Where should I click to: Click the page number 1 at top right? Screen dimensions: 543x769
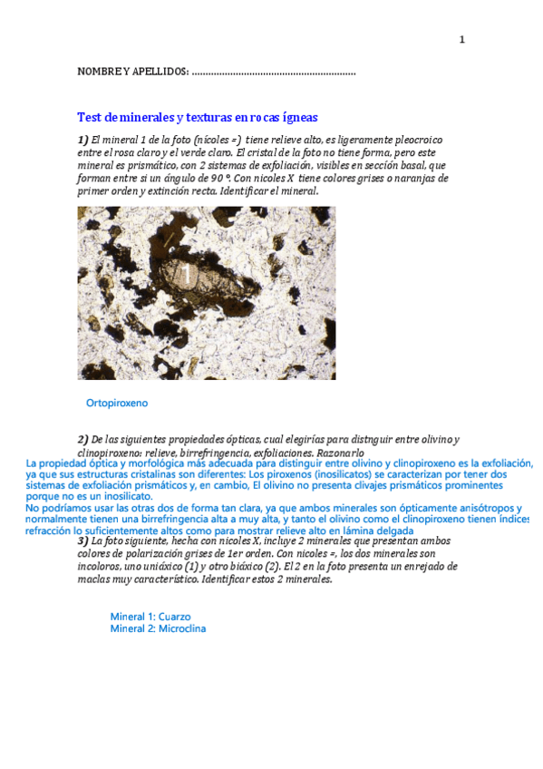click(x=461, y=39)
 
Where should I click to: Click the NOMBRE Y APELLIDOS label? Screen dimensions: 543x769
click(x=132, y=72)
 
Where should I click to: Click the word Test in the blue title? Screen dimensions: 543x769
click(x=90, y=117)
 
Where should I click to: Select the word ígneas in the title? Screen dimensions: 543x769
click(x=297, y=117)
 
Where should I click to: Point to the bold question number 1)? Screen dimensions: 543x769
click(x=82, y=140)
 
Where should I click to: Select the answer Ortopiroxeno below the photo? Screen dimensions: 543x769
click(x=117, y=402)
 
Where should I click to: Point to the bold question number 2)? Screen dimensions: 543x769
click(x=82, y=439)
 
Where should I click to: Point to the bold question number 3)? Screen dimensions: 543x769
click(x=82, y=541)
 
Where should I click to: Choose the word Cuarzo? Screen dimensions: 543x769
click(x=174, y=617)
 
